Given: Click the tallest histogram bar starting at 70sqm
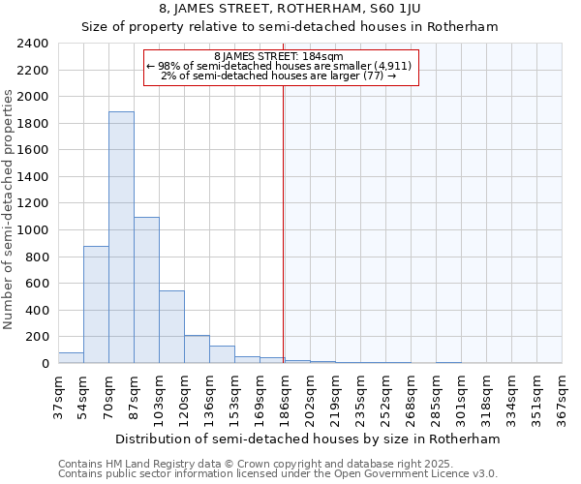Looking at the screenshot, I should tap(121, 237).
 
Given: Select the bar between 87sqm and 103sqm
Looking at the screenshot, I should tap(146, 290).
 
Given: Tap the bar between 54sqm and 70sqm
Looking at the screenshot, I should tap(96, 305).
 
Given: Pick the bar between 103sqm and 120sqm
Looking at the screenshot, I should tap(171, 327).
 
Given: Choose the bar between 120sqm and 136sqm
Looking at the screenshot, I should tap(197, 349).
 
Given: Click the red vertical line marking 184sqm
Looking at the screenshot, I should tap(283, 223).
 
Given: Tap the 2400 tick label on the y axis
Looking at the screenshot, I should tap(34, 44).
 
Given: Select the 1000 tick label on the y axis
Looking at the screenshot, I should tap(34, 230).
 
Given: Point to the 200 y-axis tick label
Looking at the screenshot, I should tap(38, 337).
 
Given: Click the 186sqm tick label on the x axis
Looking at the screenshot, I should tap(285, 397).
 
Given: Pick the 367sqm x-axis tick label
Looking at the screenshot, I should tap(562, 397).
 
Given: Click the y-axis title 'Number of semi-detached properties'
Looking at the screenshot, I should tap(9, 208).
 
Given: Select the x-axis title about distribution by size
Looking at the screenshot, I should tap(310, 439).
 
